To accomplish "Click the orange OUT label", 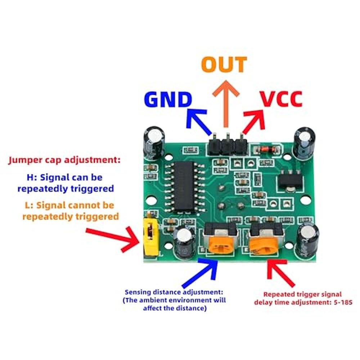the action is (x=224, y=64).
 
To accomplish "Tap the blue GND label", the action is (x=168, y=99).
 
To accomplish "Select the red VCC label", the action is (x=281, y=99).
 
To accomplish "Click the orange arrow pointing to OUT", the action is (x=226, y=103).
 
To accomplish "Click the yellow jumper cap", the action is (x=150, y=237).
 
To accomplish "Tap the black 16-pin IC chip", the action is (x=184, y=186).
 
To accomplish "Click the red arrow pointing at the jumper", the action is (x=113, y=239).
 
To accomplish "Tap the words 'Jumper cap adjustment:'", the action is (x=64, y=160).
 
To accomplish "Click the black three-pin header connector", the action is (x=228, y=145).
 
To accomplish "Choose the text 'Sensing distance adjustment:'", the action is (x=174, y=292).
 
